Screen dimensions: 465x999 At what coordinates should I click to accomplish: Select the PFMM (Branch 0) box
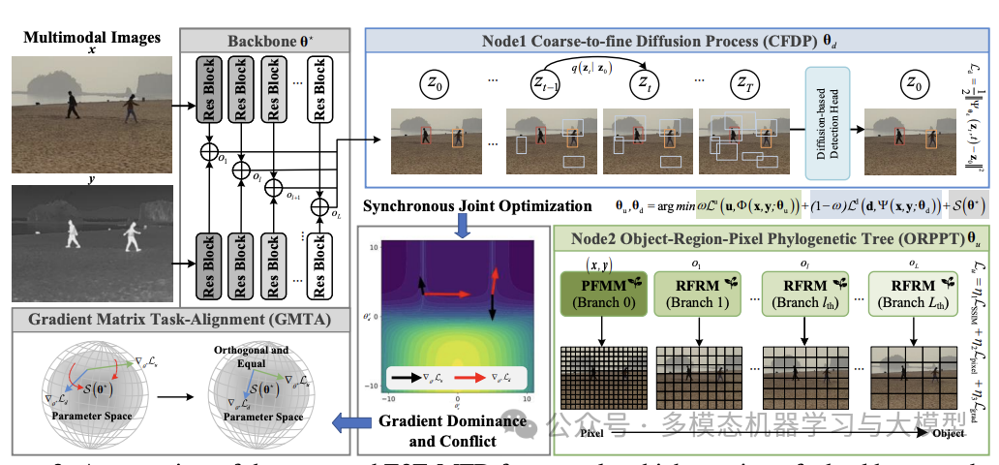coord(600,294)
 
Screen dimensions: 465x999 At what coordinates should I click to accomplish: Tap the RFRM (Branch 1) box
coord(695,294)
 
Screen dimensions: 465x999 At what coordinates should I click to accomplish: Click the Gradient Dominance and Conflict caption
coord(453,431)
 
